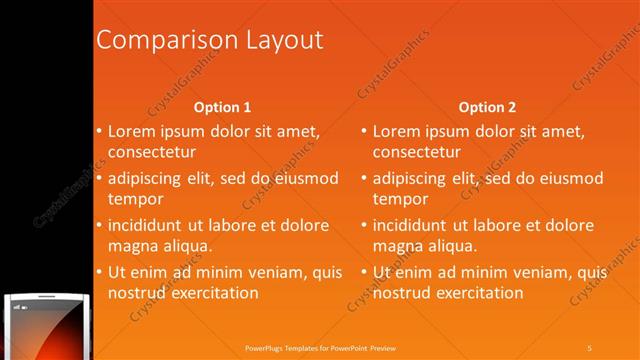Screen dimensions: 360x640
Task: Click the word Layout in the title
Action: (282, 40)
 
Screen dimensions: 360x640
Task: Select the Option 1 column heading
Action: (221, 107)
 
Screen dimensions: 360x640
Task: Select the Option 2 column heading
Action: (488, 107)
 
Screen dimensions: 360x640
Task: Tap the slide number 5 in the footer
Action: (590, 347)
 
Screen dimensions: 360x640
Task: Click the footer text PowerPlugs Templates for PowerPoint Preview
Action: (320, 347)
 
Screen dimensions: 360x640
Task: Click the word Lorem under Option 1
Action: (132, 131)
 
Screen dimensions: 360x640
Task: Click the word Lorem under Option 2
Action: (398, 131)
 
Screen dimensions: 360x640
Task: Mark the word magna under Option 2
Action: (398, 246)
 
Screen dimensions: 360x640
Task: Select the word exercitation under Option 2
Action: (479, 293)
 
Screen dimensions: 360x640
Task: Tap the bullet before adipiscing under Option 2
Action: (364, 178)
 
